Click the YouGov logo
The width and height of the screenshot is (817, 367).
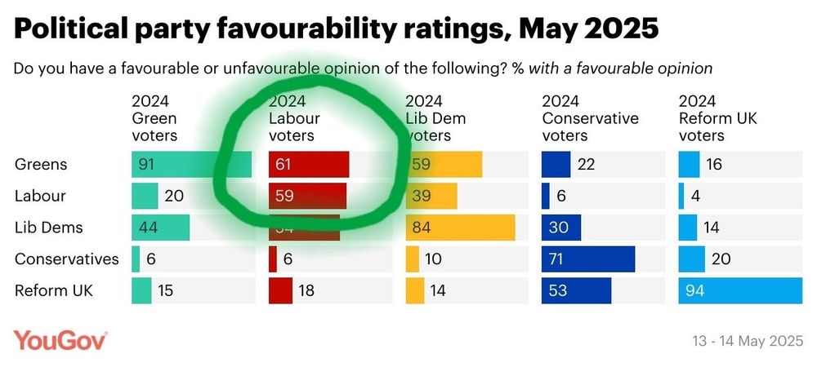[x=60, y=340]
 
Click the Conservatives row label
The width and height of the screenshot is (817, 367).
[x=66, y=259]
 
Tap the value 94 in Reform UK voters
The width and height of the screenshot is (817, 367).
[x=694, y=290]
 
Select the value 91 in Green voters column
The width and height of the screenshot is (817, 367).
[x=147, y=165]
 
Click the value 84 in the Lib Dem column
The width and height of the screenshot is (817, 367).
[x=421, y=228]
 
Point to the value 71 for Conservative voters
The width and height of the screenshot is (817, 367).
[x=558, y=259]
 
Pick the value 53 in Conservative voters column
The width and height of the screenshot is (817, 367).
[x=558, y=290]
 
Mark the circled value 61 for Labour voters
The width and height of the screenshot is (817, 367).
[x=283, y=165]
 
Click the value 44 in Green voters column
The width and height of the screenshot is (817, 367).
[x=147, y=228]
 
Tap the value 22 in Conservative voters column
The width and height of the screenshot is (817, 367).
[x=586, y=165]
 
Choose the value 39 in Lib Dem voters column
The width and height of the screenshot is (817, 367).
[x=421, y=197]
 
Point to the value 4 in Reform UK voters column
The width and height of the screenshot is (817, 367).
[x=694, y=197]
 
